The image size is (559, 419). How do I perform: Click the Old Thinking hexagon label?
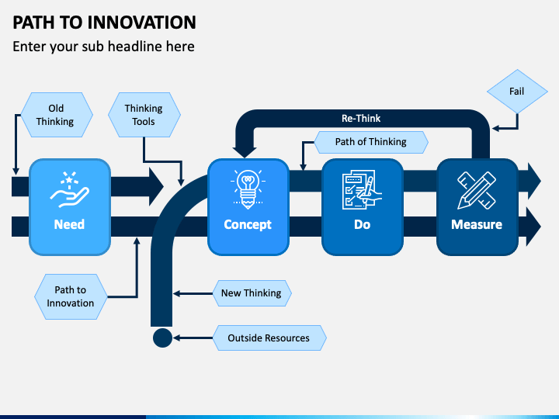[57, 115]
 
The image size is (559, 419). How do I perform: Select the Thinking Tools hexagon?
[144, 115]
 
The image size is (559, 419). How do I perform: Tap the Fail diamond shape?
[517, 92]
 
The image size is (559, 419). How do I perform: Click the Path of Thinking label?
[371, 142]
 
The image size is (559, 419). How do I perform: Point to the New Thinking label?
[252, 293]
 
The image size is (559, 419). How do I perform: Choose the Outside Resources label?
[269, 338]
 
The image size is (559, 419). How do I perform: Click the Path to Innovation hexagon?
[71, 296]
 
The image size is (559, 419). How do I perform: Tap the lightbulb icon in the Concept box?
[248, 189]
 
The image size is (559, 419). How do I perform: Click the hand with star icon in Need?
[70, 189]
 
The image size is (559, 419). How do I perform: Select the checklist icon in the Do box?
[362, 189]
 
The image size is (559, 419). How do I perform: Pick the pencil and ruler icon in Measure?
[477, 190]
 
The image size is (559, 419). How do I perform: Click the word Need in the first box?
[69, 224]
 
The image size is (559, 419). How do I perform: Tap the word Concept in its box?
[248, 225]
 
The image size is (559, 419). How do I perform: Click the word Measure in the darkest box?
[477, 224]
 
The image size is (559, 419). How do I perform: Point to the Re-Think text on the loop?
[361, 118]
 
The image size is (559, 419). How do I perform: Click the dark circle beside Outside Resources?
[162, 338]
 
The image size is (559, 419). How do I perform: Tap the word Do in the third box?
[363, 224]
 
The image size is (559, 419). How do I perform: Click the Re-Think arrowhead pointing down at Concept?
[245, 152]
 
